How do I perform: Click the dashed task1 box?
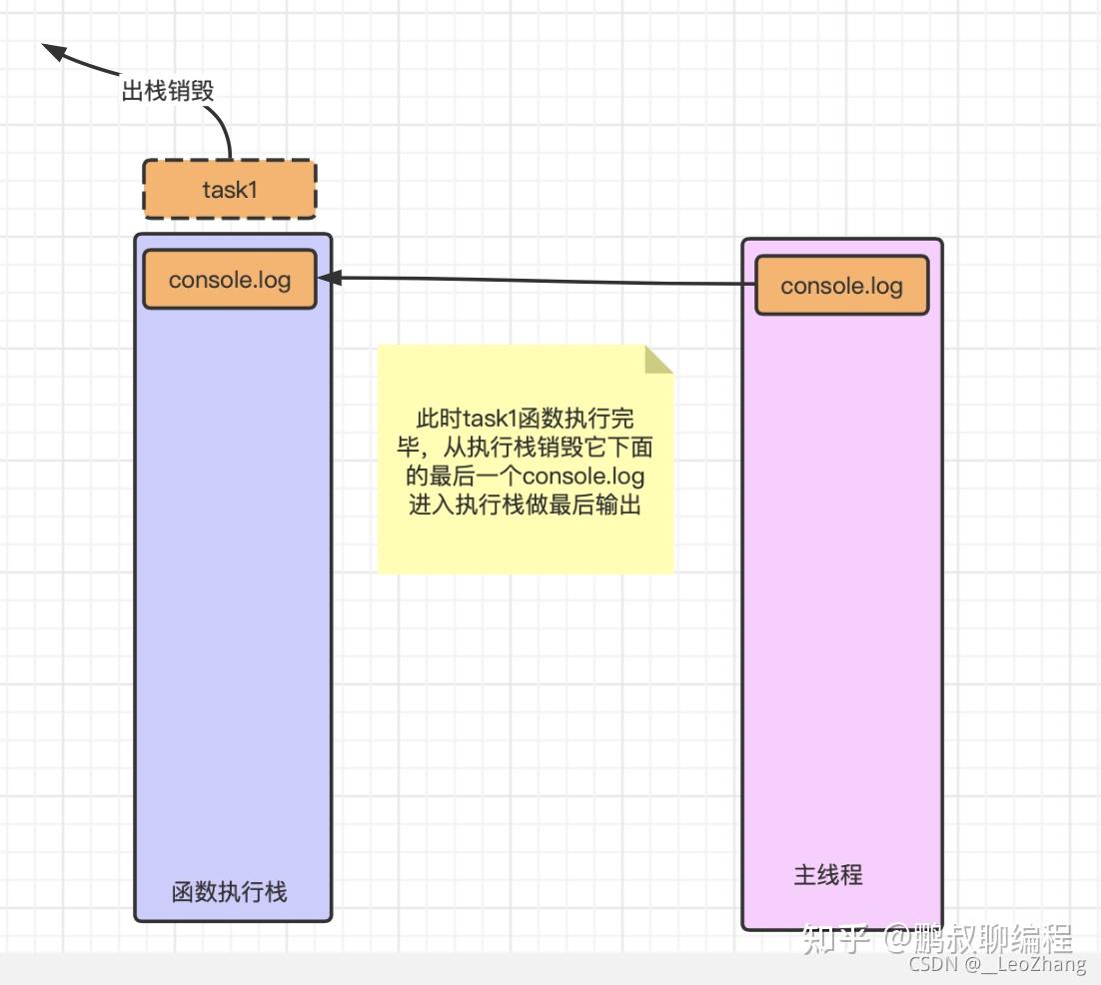pyautogui.click(x=230, y=189)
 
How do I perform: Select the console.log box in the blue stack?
pyautogui.click(x=230, y=279)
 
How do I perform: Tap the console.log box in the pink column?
pyautogui.click(x=841, y=286)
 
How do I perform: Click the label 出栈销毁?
pyautogui.click(x=168, y=91)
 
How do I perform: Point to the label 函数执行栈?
pyautogui.click(x=230, y=891)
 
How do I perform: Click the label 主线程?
pyautogui.click(x=828, y=875)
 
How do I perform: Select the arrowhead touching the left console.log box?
pyautogui.click(x=327, y=278)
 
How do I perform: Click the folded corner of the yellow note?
pyautogui.click(x=657, y=360)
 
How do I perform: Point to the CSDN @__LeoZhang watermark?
pyautogui.click(x=997, y=964)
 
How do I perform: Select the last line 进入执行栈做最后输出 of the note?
pyautogui.click(x=525, y=504)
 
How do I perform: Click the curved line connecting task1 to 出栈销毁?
pyautogui.click(x=224, y=130)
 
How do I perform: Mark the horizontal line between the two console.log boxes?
pyautogui.click(x=540, y=281)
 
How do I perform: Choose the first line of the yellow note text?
pyautogui.click(x=525, y=418)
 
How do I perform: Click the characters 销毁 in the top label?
pyautogui.click(x=191, y=91)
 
